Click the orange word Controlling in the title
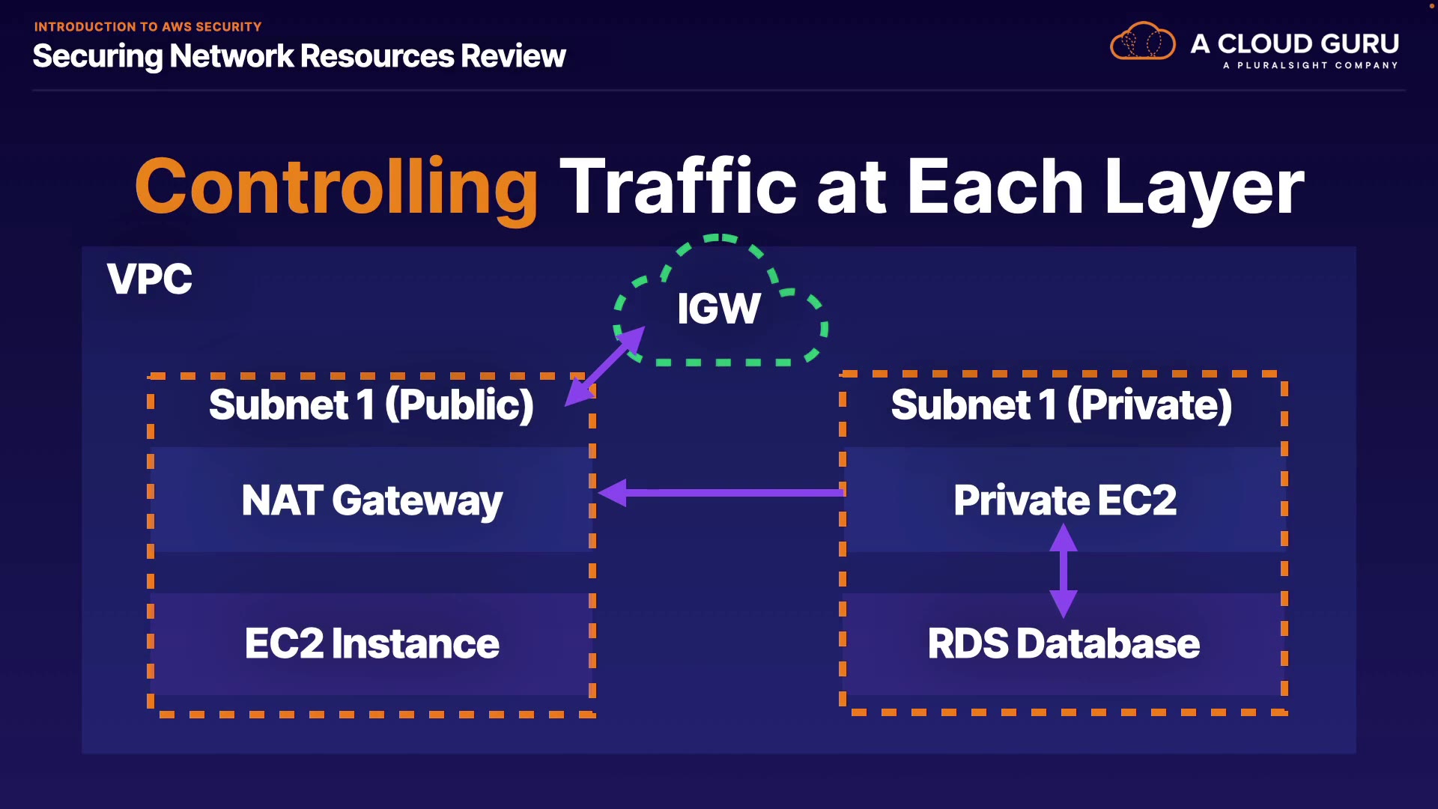tap(336, 187)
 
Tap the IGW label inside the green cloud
tap(718, 308)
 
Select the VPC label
tap(150, 279)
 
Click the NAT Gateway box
tap(371, 500)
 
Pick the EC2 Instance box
tap(371, 643)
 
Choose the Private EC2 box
tap(1064, 500)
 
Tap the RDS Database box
tap(1064, 643)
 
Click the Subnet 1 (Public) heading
tap(371, 404)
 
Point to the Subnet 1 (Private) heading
tap(1061, 404)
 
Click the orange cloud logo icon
tap(1142, 42)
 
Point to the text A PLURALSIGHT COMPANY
tap(1310, 66)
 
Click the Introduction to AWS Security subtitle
tap(148, 27)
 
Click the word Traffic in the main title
tap(678, 187)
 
